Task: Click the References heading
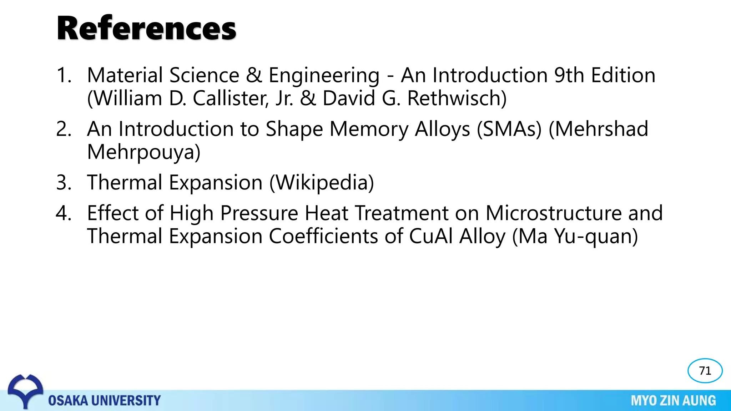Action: [x=146, y=29]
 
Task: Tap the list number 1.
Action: [x=64, y=75]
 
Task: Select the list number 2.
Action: [x=64, y=129]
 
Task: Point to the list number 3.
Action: [x=64, y=182]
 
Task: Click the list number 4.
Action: [x=64, y=213]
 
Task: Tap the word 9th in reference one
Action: [x=569, y=75]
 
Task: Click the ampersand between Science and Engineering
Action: [x=254, y=75]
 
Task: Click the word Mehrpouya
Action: [x=143, y=152]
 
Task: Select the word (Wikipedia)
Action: [x=322, y=182]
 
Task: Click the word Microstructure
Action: [x=553, y=213]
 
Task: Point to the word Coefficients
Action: [x=323, y=236]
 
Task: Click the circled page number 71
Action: [x=705, y=371]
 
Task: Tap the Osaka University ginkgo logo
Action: [x=25, y=390]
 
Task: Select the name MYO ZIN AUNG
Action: [x=673, y=401]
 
